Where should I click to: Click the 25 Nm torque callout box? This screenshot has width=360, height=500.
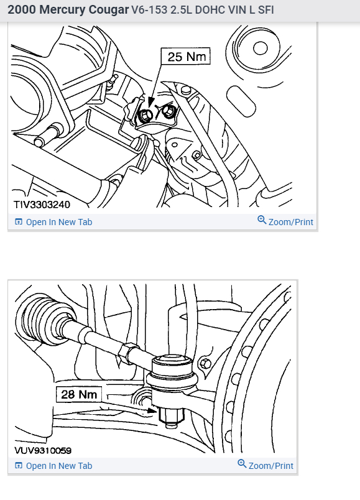point(185,57)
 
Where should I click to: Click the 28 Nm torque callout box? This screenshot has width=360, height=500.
point(79,394)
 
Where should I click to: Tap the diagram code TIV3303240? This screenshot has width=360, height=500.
point(42,205)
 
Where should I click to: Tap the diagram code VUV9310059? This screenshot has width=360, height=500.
point(43,450)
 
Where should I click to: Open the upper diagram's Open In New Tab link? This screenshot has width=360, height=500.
point(53,222)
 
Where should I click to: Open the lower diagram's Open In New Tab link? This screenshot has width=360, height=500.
point(53,466)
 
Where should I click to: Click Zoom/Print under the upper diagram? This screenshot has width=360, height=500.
point(291,222)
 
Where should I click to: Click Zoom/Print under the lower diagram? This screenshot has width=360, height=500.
point(270,466)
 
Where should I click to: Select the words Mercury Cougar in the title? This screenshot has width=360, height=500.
point(84,10)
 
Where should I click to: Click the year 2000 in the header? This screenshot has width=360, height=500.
point(21,10)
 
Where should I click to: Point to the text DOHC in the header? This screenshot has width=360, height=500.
point(207,10)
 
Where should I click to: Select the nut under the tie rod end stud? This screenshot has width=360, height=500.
point(171,415)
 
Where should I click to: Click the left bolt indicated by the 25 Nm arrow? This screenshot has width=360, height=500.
point(145,115)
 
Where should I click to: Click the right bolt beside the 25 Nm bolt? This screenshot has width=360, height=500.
point(168,111)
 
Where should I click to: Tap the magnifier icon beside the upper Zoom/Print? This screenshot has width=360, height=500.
point(262,220)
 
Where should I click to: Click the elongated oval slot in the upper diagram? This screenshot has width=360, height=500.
point(241,101)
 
